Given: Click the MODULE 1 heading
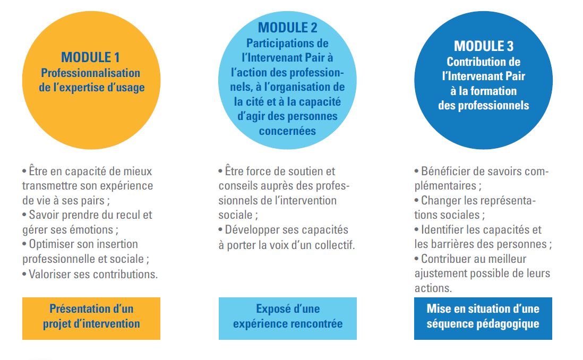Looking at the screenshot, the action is click(90, 57).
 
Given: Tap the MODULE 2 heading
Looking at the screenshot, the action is click(287, 28).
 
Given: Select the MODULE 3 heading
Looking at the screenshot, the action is click(483, 46).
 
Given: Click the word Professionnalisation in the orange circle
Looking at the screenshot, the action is click(90, 73).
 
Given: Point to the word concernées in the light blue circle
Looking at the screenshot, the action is click(287, 131).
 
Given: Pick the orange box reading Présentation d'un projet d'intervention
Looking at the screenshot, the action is click(91, 319).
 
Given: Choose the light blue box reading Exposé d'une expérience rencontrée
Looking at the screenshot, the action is click(287, 319).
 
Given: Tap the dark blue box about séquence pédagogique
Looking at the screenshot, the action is click(483, 319).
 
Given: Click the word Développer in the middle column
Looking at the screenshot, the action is click(249, 230).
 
